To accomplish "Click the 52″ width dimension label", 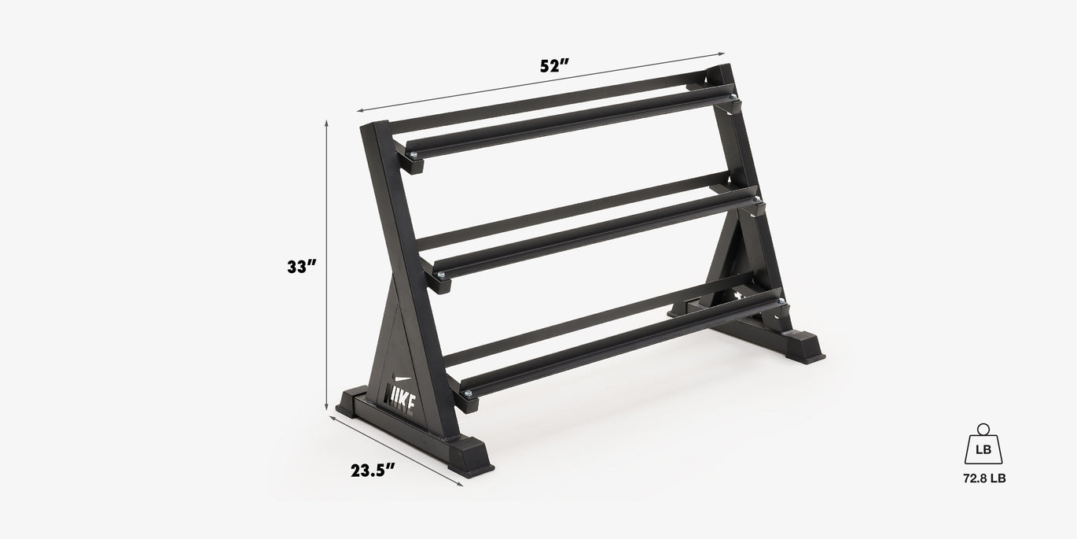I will pos(554,66).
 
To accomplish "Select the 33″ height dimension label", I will pos(301,267).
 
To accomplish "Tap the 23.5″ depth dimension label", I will pos(373,471).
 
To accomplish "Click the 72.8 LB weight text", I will pos(983,478).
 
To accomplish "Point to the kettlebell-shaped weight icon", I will pos(983,446).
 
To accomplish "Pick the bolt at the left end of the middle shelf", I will pos(441,274).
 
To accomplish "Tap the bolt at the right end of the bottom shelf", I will pos(781,301).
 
